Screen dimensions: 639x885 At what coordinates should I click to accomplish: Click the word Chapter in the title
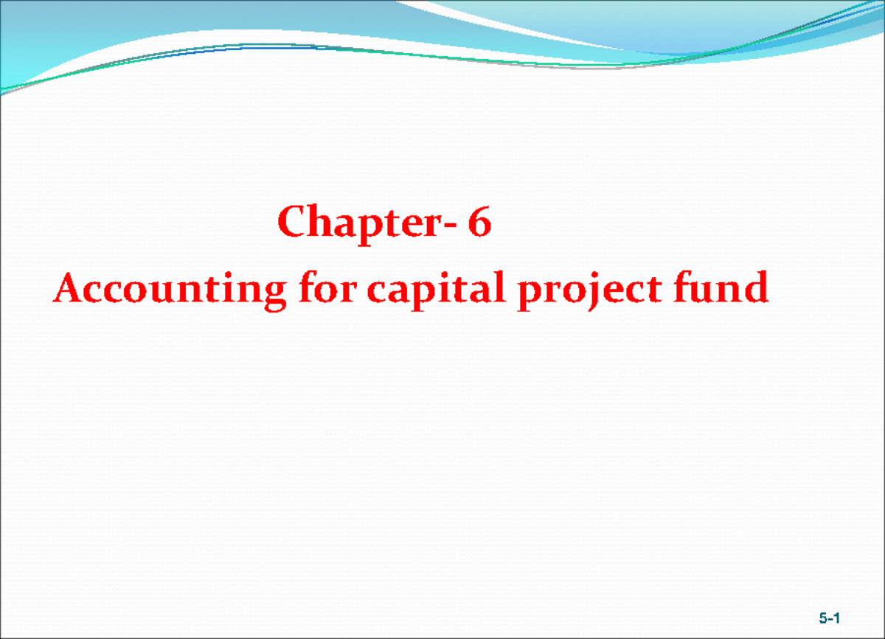click(360, 222)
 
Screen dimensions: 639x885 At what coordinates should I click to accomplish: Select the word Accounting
click(168, 289)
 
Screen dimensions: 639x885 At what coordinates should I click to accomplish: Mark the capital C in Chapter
click(292, 222)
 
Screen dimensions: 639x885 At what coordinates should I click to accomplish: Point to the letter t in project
click(634, 289)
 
